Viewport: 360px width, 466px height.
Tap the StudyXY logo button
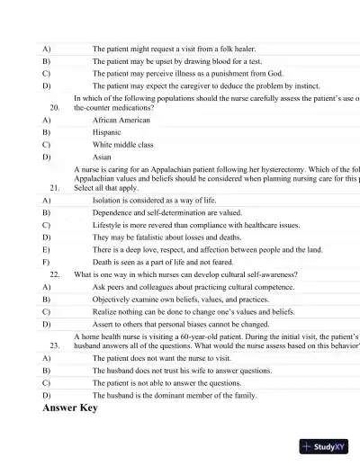tap(325, 446)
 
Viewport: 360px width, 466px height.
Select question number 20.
tap(55, 106)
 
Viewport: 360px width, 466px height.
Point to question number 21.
tap(55, 188)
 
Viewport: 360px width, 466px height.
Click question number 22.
tap(55, 273)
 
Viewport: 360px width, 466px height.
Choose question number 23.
tap(55, 345)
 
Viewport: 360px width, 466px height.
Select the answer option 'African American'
tap(121, 119)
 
